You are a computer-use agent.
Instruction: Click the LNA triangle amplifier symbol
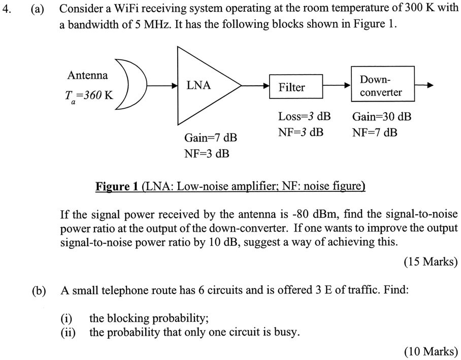pos(203,86)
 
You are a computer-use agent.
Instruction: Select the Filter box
pos(291,87)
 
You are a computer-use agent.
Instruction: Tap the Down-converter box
pos(381,86)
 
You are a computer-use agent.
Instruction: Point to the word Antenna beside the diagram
pos(87,76)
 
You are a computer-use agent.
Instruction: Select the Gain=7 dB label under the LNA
pos(210,138)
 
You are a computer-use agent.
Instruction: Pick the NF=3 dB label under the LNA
pos(207,153)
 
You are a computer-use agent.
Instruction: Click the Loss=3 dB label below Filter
pos(304,116)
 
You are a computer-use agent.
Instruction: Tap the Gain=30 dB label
pos(381,116)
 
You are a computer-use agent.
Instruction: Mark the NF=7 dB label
pos(374,133)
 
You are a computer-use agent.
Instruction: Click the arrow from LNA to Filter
pos(254,86)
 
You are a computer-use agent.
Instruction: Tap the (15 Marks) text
pos(431,262)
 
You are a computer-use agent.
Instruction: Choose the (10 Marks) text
pos(431,351)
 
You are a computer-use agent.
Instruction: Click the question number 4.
pos(7,9)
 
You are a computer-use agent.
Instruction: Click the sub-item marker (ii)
pos(67,333)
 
